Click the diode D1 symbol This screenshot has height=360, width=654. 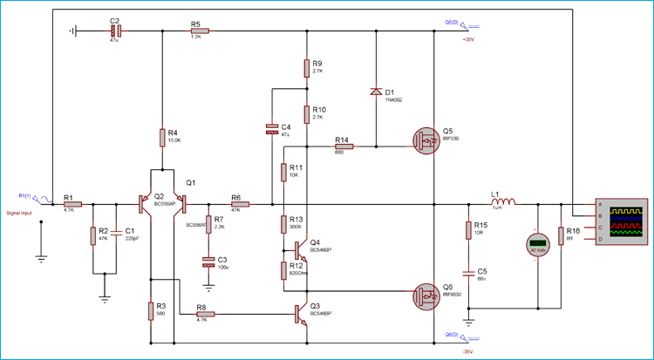pos(376,92)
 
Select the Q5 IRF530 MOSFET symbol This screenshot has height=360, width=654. pos(427,139)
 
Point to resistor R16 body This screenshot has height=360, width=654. pos(560,235)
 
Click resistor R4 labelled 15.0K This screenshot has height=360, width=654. pos(162,137)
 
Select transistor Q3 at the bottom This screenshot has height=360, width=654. pos(302,314)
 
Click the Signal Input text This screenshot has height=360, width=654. pos(22,212)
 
